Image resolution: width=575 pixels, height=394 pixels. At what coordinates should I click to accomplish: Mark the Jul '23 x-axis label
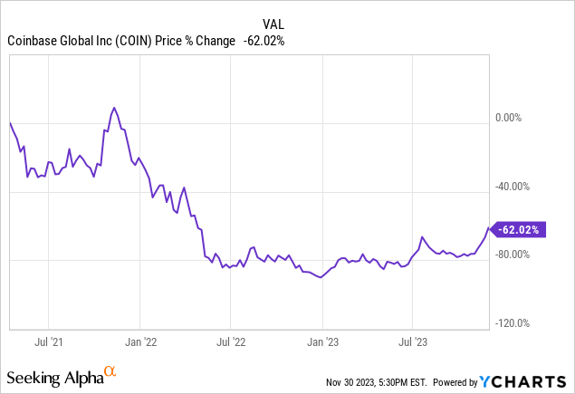click(414, 343)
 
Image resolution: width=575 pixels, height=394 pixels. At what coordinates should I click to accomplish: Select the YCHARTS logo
click(532, 378)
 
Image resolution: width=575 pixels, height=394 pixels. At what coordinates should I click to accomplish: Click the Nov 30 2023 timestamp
click(385, 379)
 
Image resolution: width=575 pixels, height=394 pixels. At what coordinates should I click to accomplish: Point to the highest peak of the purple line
click(113, 107)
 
